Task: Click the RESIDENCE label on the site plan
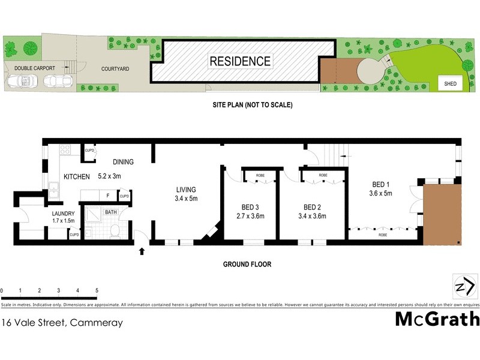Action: tap(240, 61)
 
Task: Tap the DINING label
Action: tap(122, 162)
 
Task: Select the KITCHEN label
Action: tap(77, 176)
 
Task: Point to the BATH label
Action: tap(111, 212)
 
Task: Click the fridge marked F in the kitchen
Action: tap(107, 195)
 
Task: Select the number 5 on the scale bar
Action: tap(97, 290)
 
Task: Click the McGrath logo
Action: tap(437, 319)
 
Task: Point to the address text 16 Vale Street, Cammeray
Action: tap(62, 322)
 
